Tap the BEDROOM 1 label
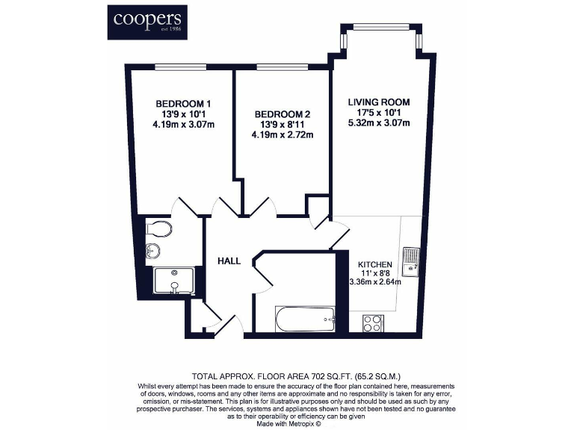[183, 104]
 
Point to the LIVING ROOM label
[379, 102]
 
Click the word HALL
[229, 261]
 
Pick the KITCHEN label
[375, 265]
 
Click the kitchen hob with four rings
[373, 322]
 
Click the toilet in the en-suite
[159, 228]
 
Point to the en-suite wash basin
[155, 251]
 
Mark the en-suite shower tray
[176, 282]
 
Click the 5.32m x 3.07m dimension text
[379, 123]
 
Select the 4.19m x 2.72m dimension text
[282, 135]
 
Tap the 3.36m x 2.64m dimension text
[375, 282]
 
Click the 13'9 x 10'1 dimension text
[183, 114]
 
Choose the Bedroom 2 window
[280, 66]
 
